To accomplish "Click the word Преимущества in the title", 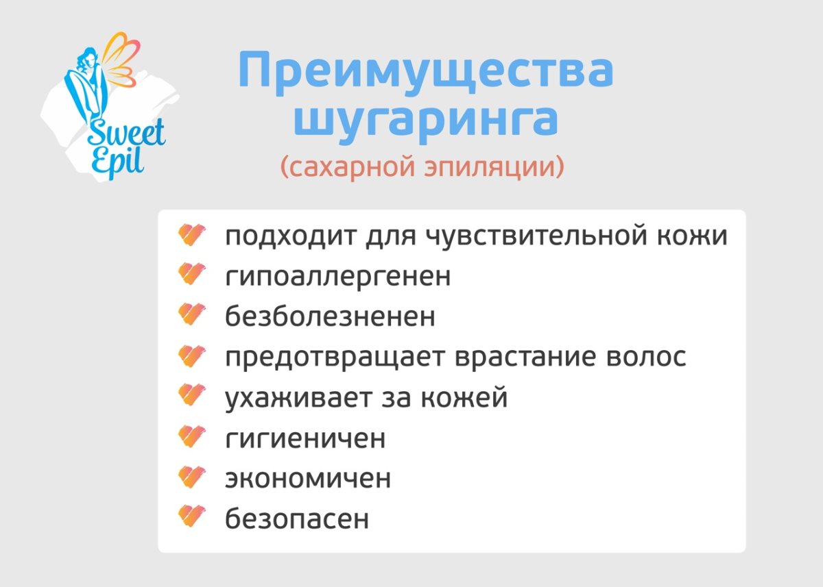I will pos(425,72).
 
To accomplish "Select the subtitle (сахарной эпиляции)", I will pos(422,167).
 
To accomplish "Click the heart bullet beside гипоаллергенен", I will pos(191,276).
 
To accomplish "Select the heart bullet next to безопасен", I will pos(191,517).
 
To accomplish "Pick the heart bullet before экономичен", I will pos(191,477).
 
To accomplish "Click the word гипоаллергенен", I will pos(338,277).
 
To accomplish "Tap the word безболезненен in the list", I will pos(330,317).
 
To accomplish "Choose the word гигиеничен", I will pos(305,438).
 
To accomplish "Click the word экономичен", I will pos(308,478).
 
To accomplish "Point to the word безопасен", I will pos(297,519).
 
